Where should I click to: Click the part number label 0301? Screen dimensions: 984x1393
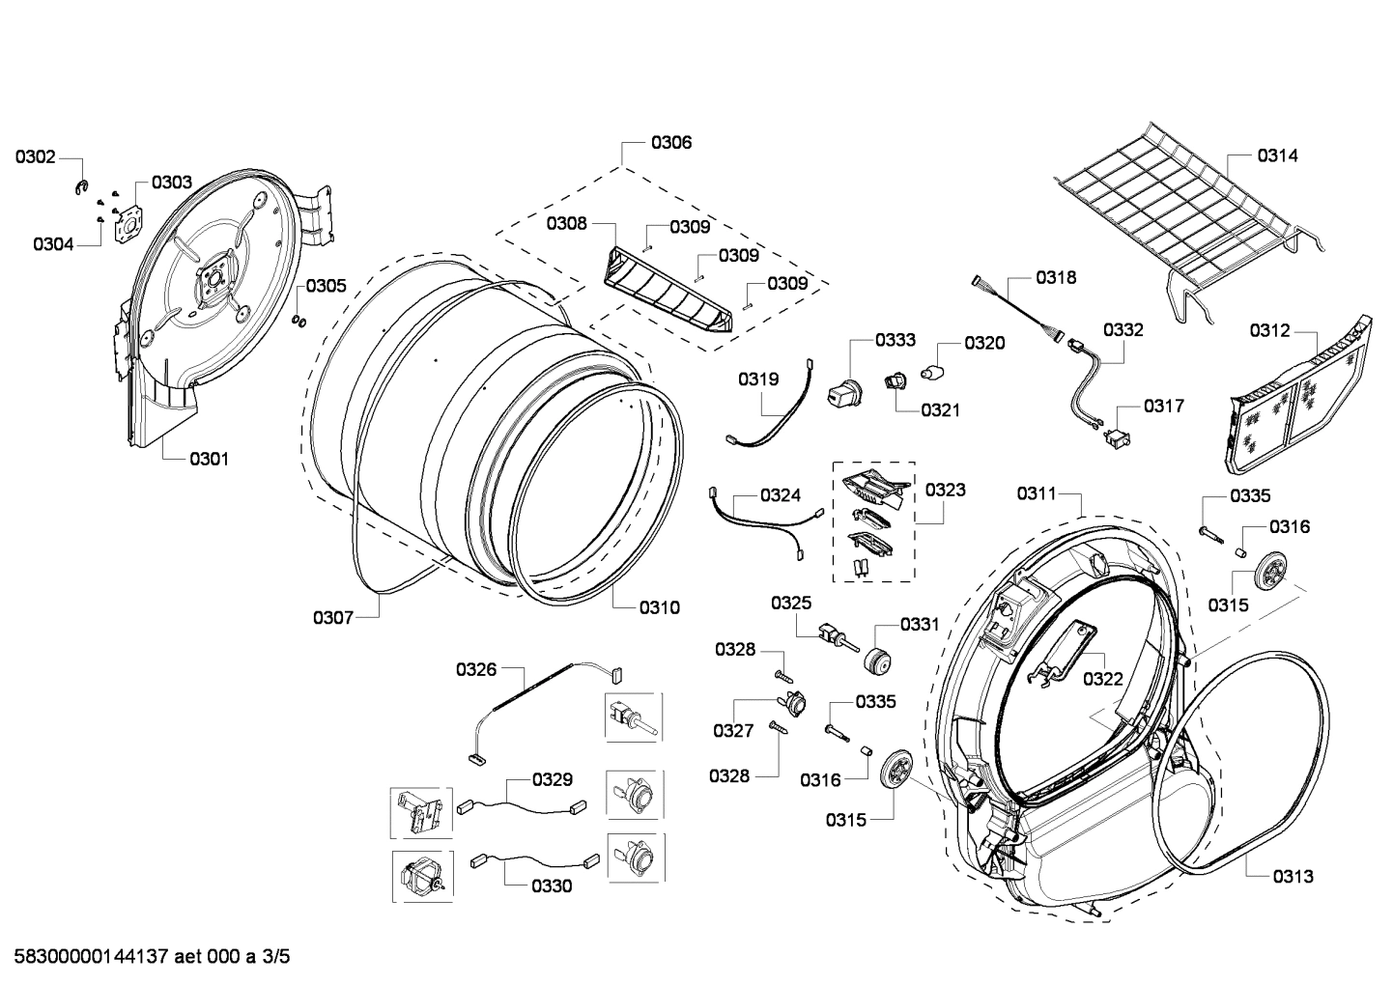[x=209, y=459]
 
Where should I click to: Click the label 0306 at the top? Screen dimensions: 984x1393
[x=670, y=143]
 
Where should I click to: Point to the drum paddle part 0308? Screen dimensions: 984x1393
[x=667, y=290]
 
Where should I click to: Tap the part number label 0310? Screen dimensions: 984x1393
[x=659, y=607]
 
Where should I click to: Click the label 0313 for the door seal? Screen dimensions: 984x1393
[x=1293, y=876]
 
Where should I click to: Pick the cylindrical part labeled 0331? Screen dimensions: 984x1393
[x=877, y=662]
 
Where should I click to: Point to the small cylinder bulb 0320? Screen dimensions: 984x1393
[x=931, y=374]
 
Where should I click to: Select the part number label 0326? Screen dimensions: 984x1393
[x=476, y=669]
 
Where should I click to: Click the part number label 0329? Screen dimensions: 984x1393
[x=552, y=779]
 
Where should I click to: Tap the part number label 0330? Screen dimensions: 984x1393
[x=551, y=886]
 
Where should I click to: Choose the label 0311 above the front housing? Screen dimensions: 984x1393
[x=1037, y=493]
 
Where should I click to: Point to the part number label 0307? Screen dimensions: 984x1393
[x=333, y=617]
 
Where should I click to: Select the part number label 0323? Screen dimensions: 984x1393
[x=945, y=490]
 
